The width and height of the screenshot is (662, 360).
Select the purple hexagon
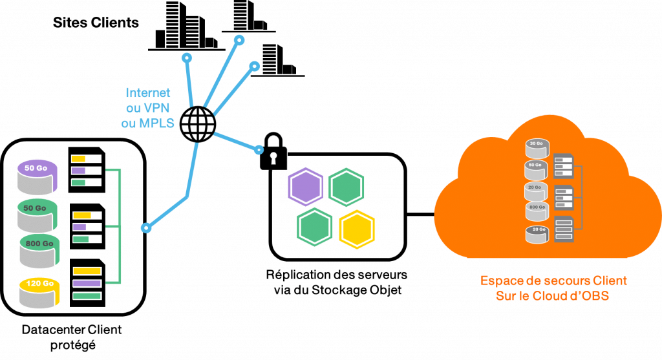pos(305,187)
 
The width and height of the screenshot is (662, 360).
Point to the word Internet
pos(148,92)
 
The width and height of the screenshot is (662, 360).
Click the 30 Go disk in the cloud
pos(536,148)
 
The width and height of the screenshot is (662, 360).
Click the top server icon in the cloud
pos(564,165)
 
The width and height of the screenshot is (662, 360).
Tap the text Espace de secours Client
pos(553,281)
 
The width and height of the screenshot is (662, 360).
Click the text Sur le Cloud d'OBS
pos(553,296)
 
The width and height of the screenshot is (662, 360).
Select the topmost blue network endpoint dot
pos(239,40)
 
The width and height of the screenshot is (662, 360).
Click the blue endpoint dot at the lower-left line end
pos(147,228)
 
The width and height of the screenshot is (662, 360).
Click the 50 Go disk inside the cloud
pos(536,169)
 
